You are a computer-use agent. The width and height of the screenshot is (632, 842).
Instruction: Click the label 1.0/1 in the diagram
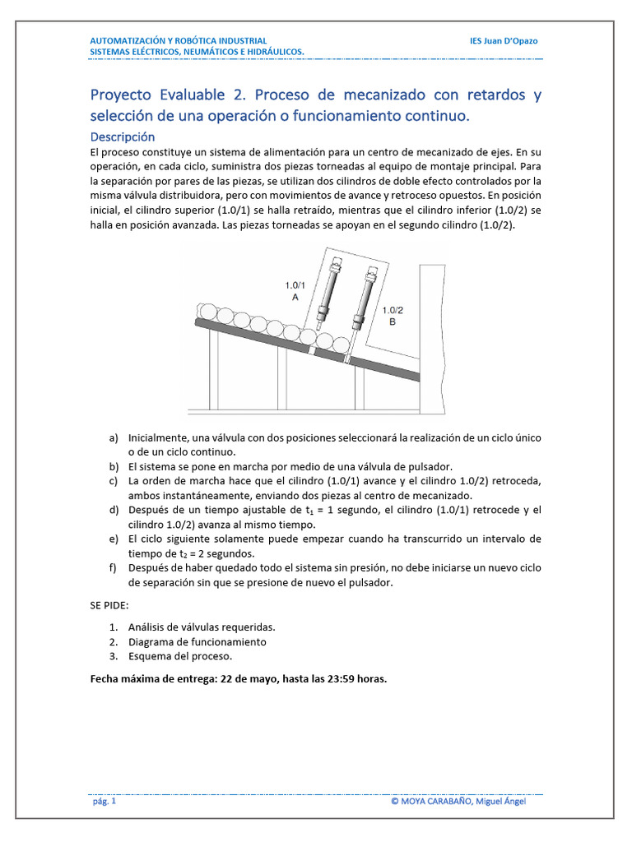tap(295, 285)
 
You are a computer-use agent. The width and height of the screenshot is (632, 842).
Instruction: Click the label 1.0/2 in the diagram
tap(392, 310)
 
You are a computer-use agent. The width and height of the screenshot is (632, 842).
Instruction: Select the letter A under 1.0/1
tap(295, 298)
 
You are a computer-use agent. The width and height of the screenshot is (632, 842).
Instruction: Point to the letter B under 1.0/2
tap(392, 322)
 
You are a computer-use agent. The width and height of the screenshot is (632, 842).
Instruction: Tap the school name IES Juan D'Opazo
tap(503, 40)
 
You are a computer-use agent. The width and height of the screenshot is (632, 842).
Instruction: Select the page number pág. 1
tap(103, 801)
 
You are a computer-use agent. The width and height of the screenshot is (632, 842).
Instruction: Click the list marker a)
tap(114, 437)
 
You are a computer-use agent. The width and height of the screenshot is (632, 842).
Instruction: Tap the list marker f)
tap(113, 568)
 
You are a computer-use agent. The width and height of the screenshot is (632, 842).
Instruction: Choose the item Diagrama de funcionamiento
tap(197, 641)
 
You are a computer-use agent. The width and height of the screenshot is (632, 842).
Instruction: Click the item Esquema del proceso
tap(180, 656)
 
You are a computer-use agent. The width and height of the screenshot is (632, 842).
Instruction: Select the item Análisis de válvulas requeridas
tap(202, 627)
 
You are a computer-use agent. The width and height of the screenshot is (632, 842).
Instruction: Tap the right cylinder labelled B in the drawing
tap(360, 303)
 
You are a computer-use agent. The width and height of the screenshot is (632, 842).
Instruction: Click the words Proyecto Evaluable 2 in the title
tap(168, 95)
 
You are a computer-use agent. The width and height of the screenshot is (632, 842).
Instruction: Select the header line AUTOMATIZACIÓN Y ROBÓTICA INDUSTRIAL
tap(178, 40)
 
